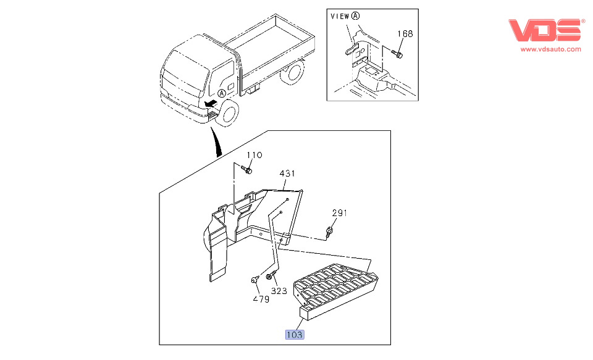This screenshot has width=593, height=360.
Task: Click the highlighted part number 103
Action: coord(295,335)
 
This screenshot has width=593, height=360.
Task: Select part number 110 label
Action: coord(255,155)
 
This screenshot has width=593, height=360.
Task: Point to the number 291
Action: coord(339,213)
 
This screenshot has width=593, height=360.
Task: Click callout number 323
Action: coord(279,290)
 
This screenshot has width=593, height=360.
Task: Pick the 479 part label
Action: coord(261,299)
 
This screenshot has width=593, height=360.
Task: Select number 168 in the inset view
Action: coord(405,34)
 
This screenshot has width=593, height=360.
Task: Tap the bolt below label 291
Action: coord(330,232)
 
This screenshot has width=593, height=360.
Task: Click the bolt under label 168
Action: coord(398,55)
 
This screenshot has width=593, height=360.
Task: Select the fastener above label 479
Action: coord(255,281)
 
